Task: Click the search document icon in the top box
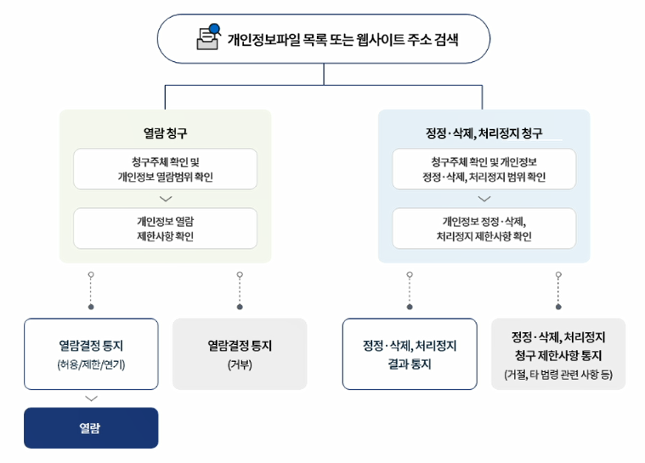click(x=207, y=37)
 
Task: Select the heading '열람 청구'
click(x=165, y=133)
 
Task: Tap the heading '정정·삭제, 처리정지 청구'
click(x=484, y=133)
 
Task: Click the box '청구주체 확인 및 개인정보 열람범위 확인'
click(x=165, y=169)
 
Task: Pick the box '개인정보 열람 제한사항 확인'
click(x=165, y=228)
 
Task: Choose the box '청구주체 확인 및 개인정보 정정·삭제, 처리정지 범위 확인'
click(x=484, y=169)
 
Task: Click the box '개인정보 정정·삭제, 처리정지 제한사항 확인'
click(x=484, y=228)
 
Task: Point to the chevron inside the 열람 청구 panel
click(x=166, y=199)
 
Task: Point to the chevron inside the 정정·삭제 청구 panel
click(x=484, y=199)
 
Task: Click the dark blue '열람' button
click(x=91, y=427)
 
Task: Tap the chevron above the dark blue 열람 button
click(x=92, y=398)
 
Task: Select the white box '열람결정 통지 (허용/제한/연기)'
click(x=91, y=353)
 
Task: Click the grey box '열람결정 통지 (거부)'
click(x=240, y=353)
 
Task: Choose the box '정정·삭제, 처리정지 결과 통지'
click(x=410, y=353)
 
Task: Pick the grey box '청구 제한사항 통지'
click(x=558, y=353)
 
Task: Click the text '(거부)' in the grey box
click(x=240, y=365)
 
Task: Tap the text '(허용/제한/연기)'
click(x=91, y=365)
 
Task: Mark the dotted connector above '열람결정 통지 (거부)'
click(x=240, y=290)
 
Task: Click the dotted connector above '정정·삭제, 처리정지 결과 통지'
click(x=410, y=290)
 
